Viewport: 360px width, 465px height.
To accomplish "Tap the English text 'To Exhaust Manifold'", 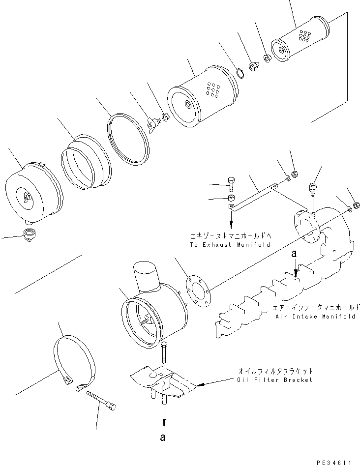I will click(x=230, y=244).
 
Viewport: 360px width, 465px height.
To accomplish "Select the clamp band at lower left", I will click(x=74, y=361).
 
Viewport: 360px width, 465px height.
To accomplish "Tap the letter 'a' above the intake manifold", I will click(x=294, y=254).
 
